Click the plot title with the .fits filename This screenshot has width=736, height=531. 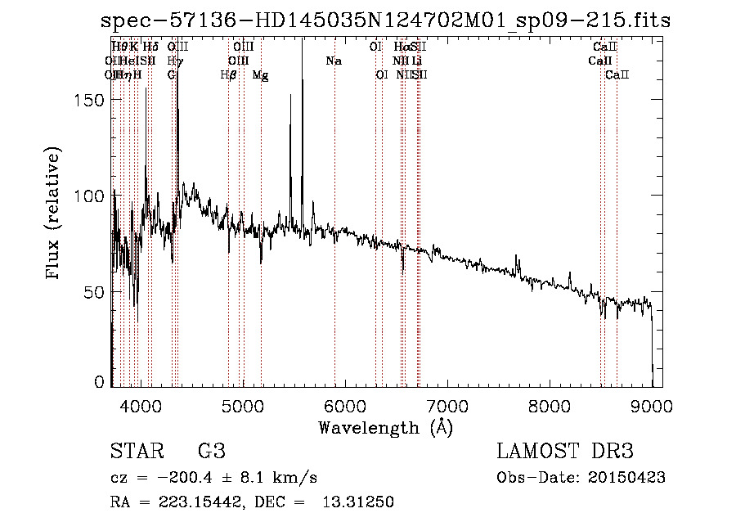(x=385, y=20)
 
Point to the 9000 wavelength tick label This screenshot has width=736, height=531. (x=652, y=405)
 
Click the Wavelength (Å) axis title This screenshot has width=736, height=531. (x=385, y=427)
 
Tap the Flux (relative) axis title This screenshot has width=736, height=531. (x=55, y=214)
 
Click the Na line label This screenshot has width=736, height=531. (x=334, y=61)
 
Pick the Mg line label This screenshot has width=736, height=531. (x=260, y=75)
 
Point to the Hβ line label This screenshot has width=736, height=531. (x=229, y=75)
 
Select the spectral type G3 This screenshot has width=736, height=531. (x=211, y=452)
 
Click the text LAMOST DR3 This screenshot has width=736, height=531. (x=565, y=452)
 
